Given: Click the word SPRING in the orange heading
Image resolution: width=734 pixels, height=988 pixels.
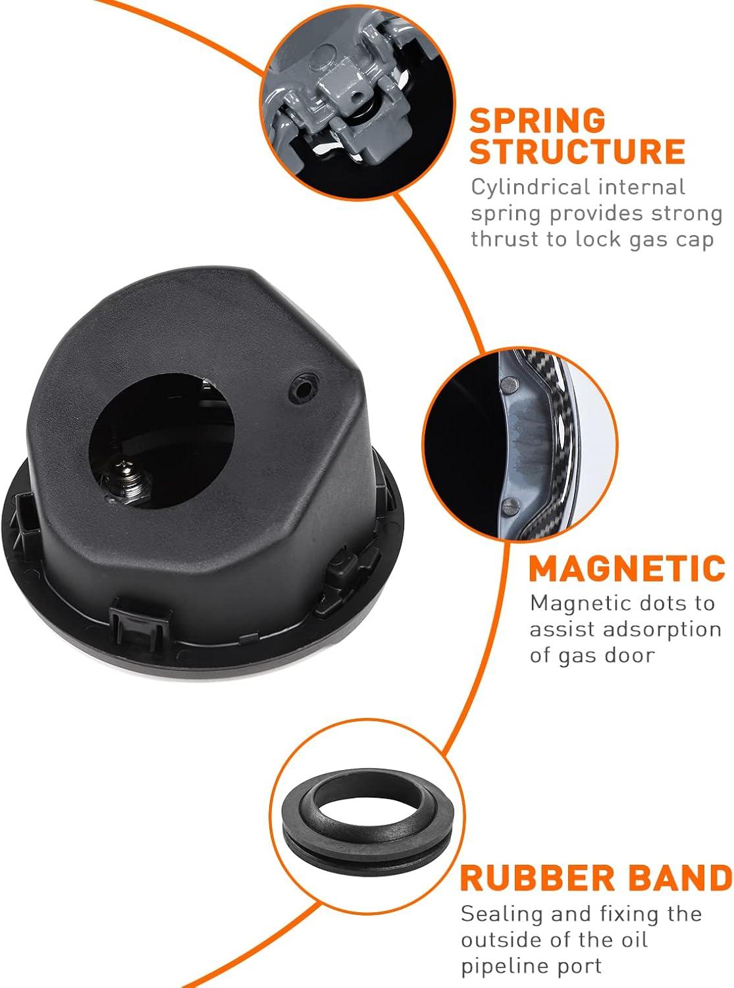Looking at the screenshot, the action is (x=537, y=121).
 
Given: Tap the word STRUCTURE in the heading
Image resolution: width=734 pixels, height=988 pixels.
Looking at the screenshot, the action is (x=577, y=152).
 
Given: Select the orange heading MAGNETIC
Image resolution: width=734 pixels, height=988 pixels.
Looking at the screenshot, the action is (x=627, y=568).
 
